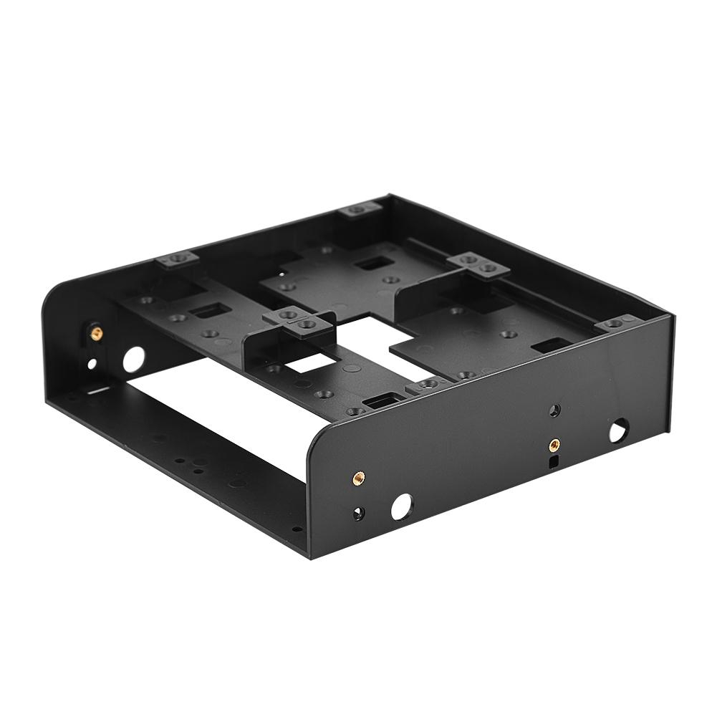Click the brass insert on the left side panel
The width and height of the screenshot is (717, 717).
coord(95,332)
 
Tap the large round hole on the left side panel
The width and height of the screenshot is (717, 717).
coord(133,358)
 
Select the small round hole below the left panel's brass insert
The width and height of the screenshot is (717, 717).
coord(92,364)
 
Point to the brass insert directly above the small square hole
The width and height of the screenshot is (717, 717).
coord(553,445)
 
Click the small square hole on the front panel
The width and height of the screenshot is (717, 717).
coord(553,462)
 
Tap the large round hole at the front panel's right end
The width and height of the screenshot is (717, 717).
coord(617,430)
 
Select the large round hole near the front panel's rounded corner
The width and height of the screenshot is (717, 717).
coord(402,507)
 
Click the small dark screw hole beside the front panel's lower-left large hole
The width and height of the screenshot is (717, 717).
coord(358,513)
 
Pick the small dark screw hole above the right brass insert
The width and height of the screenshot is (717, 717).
coord(554,411)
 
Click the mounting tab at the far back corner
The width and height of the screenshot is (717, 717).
coord(360,210)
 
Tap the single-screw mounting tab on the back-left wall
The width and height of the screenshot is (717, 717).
coord(176,259)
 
